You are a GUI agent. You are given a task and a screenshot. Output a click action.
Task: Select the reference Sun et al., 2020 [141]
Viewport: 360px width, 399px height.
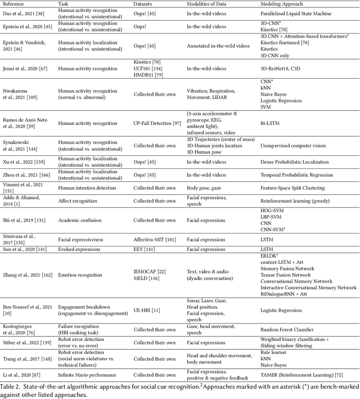click(24, 248)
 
